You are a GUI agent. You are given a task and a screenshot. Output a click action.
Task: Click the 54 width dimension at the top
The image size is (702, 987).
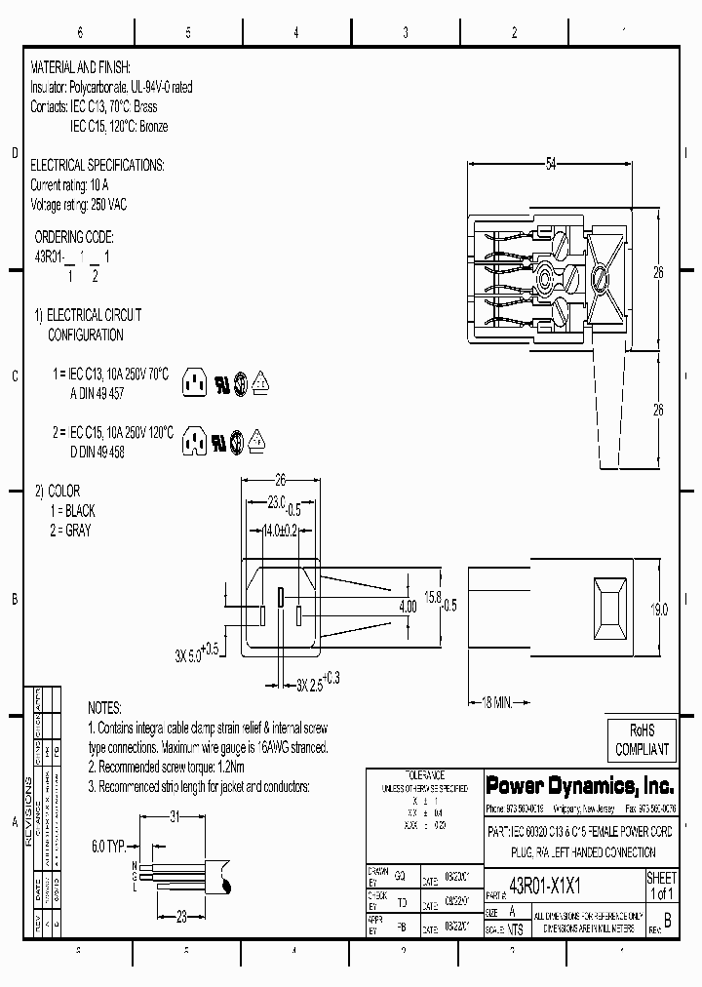tap(550, 165)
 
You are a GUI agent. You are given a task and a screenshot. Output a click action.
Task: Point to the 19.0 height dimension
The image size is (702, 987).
tap(659, 610)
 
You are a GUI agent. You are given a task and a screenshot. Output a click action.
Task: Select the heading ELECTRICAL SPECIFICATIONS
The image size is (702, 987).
tap(97, 165)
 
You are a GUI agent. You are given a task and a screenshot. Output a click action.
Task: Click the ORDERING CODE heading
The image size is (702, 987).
tap(74, 237)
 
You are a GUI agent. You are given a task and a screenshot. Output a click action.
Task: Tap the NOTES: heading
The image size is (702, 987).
tap(104, 707)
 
